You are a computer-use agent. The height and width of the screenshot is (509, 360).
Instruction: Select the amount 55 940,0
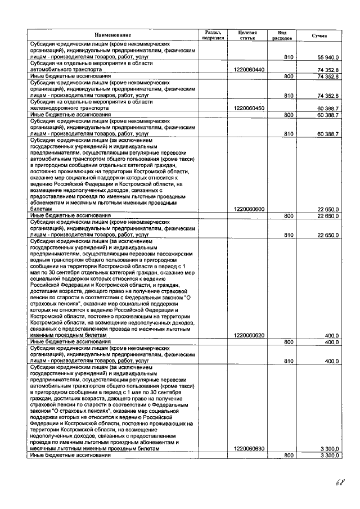[x=327, y=57]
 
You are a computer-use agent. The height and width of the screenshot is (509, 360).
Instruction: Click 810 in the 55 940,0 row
[x=289, y=57]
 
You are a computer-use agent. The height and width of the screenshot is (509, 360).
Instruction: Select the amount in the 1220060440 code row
[x=328, y=69]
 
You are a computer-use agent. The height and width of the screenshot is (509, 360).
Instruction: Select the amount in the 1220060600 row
[x=328, y=209]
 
